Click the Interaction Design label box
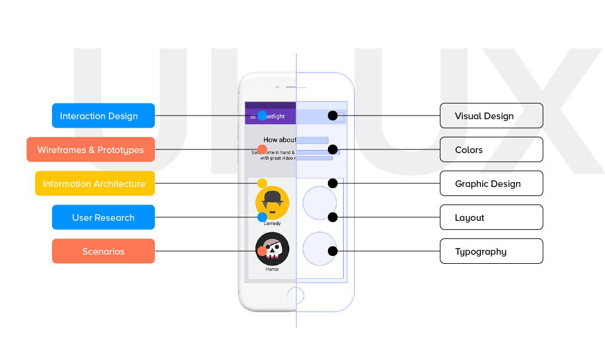point(103,116)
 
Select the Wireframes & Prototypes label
point(91,149)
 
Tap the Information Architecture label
point(94,183)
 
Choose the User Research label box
point(103,217)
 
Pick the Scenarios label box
point(103,251)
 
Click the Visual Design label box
point(491,116)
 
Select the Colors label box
point(491,149)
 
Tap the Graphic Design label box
point(491,183)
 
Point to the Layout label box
point(491,217)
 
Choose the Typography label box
point(491,251)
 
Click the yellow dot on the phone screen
point(262,183)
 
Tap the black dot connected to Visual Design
point(332,116)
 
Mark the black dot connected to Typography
point(332,251)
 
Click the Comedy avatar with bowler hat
point(272,201)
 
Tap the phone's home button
point(295,296)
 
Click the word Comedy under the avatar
point(272,223)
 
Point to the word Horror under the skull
point(272,269)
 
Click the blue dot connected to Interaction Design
point(262,116)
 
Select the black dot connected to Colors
point(332,149)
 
